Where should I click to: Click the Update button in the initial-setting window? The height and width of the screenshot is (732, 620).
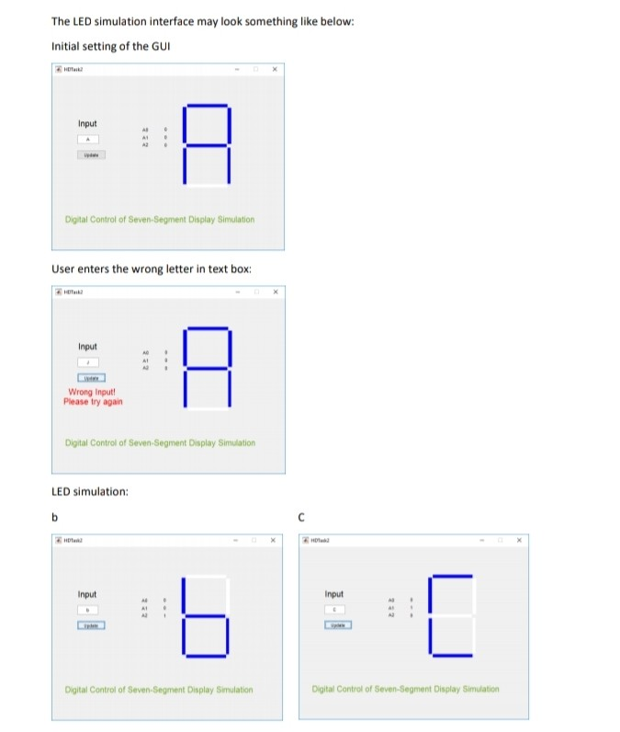[x=91, y=154]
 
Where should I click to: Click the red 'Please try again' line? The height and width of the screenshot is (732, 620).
[x=93, y=402]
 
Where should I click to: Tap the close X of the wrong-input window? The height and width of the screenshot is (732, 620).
[x=275, y=293]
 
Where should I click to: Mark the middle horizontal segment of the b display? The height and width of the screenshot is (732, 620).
[x=206, y=615]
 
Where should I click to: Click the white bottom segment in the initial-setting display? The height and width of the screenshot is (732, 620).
[x=206, y=186]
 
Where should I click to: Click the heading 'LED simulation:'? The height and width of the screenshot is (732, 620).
[x=89, y=491]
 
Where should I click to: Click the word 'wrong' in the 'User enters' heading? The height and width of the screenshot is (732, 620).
[x=146, y=269]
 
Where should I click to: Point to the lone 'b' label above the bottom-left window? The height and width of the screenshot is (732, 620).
[x=54, y=517]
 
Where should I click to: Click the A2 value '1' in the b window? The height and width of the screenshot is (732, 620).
[x=165, y=618]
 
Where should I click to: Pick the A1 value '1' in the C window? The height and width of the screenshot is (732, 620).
[x=412, y=609]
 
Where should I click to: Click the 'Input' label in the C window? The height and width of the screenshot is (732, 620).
[x=334, y=594]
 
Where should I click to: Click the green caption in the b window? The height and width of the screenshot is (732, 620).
[x=158, y=689]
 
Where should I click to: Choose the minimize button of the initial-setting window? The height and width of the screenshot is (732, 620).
[x=237, y=69]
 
